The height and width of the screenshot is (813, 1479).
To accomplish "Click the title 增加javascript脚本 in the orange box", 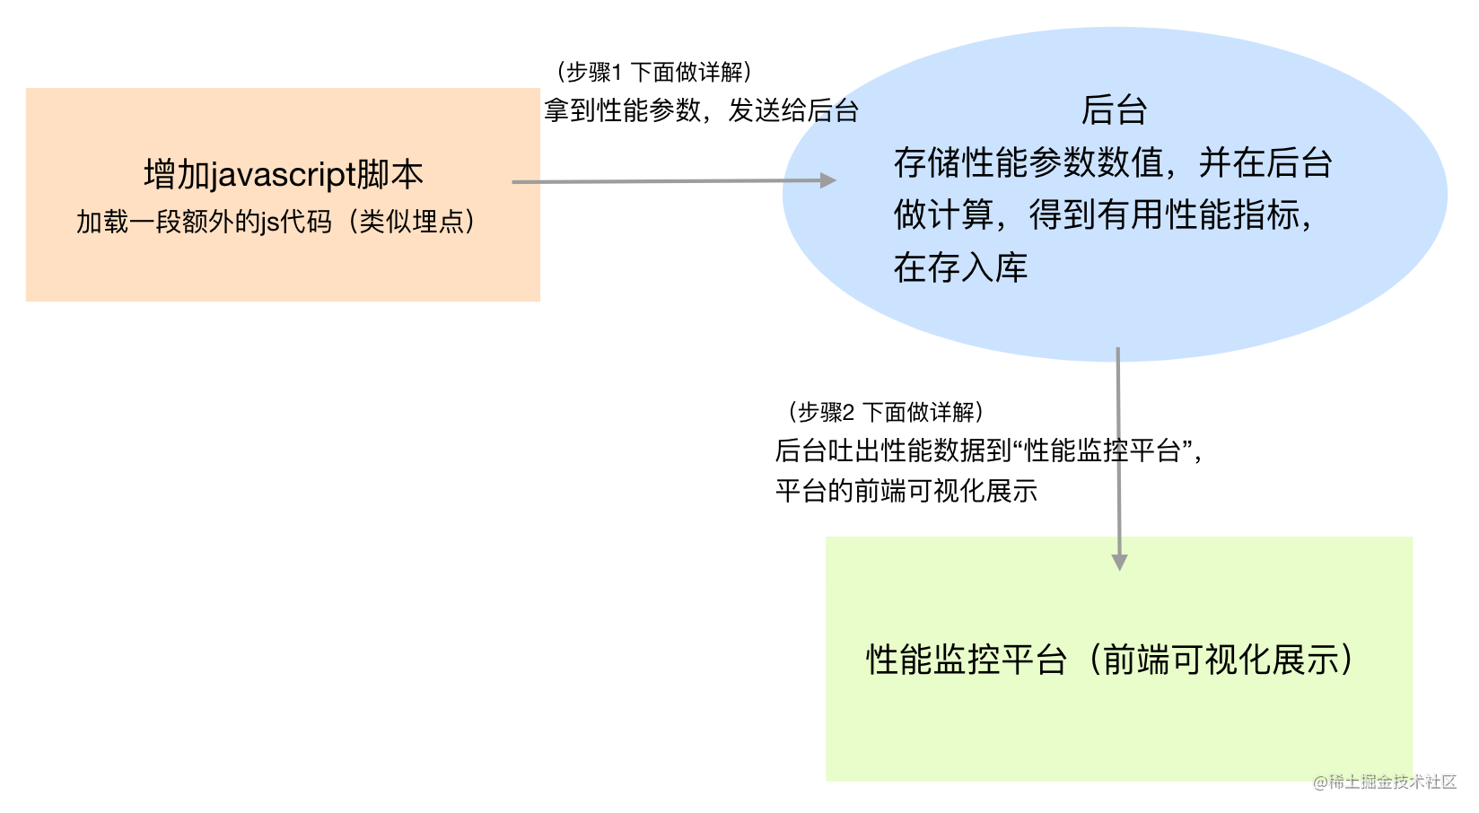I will (284, 174).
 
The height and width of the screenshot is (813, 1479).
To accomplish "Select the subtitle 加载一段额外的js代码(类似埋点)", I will (276, 222).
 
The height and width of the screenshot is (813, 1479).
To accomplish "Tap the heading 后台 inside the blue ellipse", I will (1114, 110).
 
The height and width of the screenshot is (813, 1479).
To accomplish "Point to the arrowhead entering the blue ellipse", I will (828, 180).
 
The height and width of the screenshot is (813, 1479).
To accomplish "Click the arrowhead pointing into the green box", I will (1119, 562).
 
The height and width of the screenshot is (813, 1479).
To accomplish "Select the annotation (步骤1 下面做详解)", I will (653, 72).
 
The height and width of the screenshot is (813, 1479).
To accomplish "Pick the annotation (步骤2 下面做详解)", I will (886, 412).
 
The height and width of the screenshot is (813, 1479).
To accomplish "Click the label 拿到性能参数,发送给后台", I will (701, 110).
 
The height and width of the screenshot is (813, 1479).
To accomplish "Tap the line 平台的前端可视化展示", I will (906, 491).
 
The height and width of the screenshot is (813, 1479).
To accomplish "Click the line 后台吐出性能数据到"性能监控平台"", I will (987, 450).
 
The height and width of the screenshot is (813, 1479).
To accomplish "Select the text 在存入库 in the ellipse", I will (960, 267).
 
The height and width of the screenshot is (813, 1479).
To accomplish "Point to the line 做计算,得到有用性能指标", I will (1104, 215).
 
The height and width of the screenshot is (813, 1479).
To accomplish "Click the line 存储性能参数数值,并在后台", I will (1113, 163).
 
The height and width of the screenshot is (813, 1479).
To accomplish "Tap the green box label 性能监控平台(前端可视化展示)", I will (1110, 660).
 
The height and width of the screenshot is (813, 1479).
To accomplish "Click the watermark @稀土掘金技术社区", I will (1385, 782).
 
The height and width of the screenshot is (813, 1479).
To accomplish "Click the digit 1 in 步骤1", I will (617, 73).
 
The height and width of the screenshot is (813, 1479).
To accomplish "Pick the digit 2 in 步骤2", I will (848, 413).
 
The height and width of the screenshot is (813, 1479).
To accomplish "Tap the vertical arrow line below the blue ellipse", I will (1118, 449).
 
